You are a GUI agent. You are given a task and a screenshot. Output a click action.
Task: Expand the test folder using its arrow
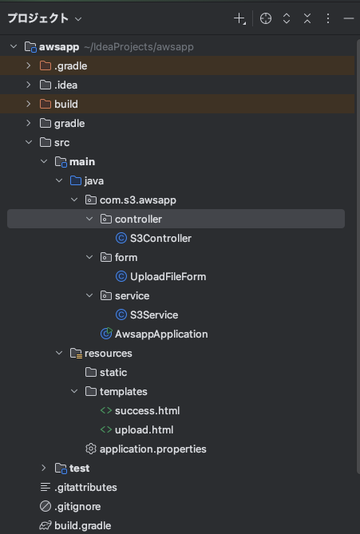click(43, 468)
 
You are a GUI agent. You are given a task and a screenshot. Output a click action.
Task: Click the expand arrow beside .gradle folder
click(29, 65)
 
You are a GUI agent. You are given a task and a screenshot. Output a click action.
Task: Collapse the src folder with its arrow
click(29, 142)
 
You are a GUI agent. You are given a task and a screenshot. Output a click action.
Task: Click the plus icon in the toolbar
click(239, 18)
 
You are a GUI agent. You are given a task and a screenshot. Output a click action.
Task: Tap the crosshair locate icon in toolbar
click(266, 18)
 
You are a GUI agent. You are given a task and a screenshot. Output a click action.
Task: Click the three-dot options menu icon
click(327, 18)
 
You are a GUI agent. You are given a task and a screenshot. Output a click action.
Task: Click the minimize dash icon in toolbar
click(349, 18)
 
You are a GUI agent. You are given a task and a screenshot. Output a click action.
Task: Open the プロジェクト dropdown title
click(45, 18)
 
